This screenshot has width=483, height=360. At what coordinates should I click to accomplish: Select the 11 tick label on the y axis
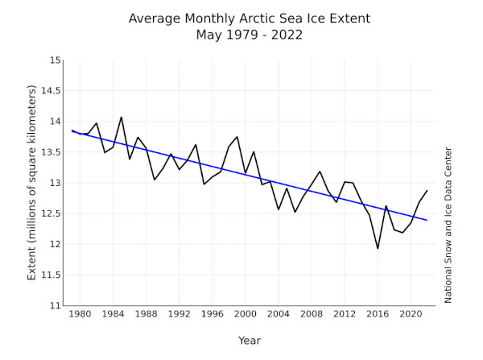pos(52,305)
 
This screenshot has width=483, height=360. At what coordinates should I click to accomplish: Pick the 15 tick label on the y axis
pos(52,60)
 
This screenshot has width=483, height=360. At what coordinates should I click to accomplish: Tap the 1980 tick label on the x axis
pos(80,314)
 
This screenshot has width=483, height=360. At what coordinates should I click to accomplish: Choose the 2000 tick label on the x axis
pos(246,314)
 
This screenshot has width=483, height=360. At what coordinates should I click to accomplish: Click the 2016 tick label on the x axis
pos(378,314)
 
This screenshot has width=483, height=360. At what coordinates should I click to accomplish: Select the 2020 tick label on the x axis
pos(411,314)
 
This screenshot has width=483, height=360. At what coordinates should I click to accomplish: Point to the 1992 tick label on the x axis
pos(180,314)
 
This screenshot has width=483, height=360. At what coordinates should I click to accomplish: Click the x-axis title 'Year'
pos(249,341)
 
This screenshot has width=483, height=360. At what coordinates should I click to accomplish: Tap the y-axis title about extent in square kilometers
pos(32,184)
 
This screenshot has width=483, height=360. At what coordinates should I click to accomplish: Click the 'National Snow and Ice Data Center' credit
pos(448,225)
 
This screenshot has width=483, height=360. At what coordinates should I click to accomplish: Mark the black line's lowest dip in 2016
pos(378,248)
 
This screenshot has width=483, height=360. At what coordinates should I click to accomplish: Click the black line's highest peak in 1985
pos(122,117)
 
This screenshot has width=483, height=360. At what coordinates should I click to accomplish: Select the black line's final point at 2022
pos(427,191)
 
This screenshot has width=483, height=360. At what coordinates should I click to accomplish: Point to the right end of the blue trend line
pos(427,220)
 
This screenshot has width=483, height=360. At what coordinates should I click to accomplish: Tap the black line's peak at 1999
pos(237,137)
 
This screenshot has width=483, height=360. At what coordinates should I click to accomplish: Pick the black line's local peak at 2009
pos(320,172)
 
